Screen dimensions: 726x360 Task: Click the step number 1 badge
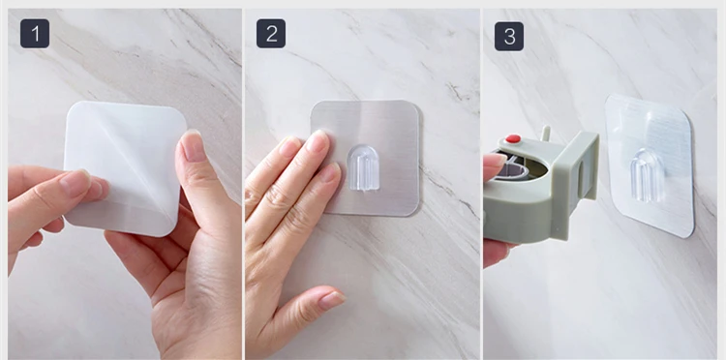(35, 33)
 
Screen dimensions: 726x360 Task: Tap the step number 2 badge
(271, 33)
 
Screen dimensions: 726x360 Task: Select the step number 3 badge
(509, 36)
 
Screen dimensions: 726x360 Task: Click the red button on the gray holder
(513, 138)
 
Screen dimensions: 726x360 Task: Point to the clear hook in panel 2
(363, 168)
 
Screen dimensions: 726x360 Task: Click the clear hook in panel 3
(647, 175)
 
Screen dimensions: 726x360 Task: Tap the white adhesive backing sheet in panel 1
(125, 167)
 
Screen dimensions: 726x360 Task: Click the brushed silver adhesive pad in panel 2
(365, 158)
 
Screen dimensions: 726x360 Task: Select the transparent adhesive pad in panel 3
(650, 165)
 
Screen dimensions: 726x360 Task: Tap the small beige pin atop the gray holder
(546, 133)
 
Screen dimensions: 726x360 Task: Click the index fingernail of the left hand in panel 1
(75, 182)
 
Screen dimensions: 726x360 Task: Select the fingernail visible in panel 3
(495, 160)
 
